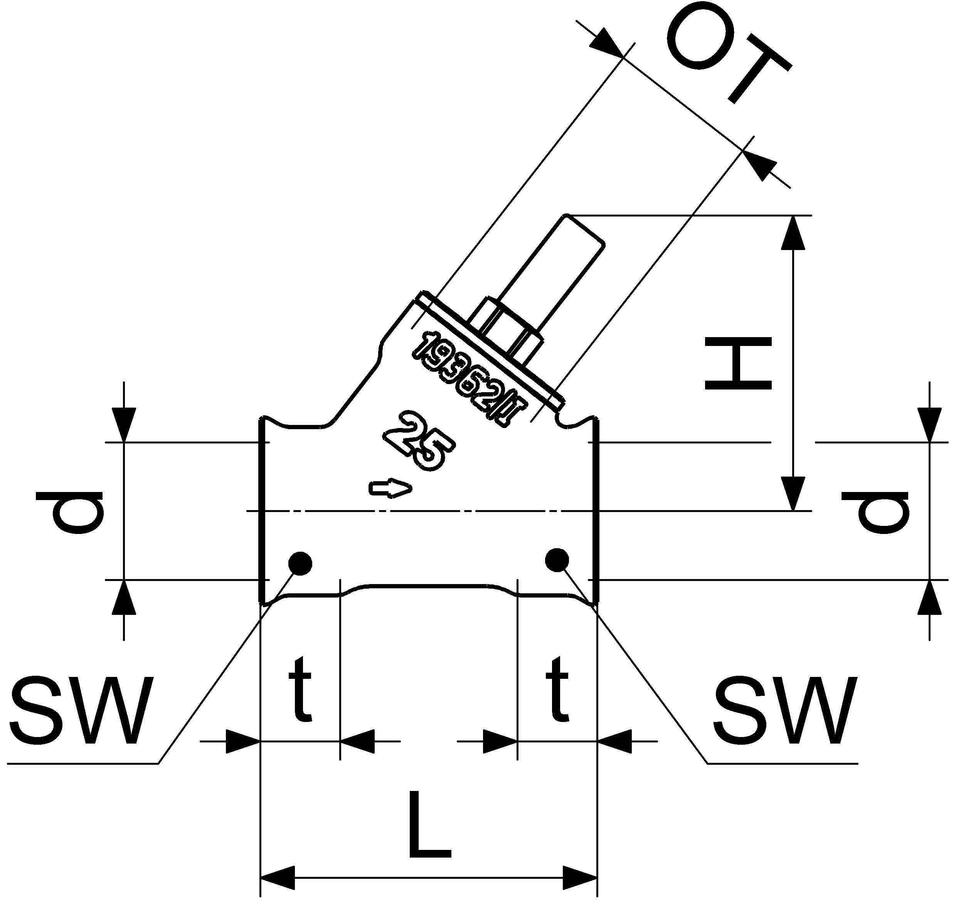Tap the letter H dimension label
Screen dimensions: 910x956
click(x=738, y=364)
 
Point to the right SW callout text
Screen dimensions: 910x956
click(x=786, y=711)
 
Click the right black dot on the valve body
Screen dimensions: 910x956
click(x=557, y=560)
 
